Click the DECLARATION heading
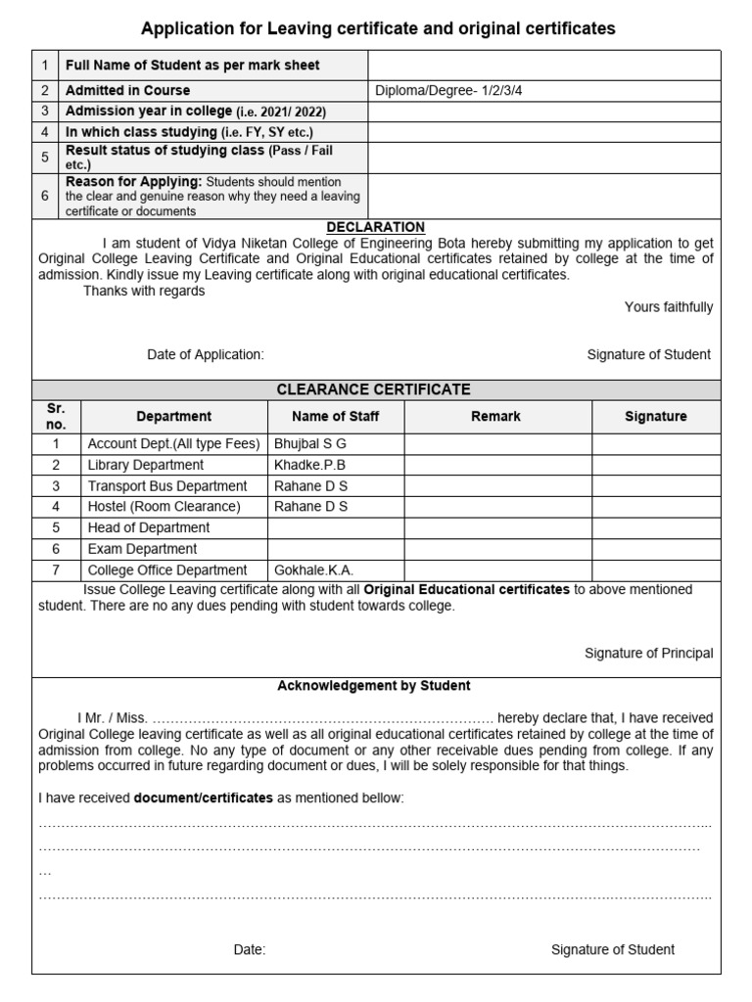pyautogui.click(x=376, y=227)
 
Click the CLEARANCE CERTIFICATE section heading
pyautogui.click(x=373, y=389)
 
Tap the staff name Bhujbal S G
pyautogui.click(x=310, y=443)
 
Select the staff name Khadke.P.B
pyautogui.click(x=310, y=465)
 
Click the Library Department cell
pyautogui.click(x=146, y=465)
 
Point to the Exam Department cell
pyautogui.click(x=142, y=549)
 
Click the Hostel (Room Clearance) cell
pyautogui.click(x=164, y=507)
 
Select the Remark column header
pyautogui.click(x=495, y=416)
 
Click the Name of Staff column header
pyautogui.click(x=336, y=416)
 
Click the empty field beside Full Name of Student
pyautogui.click(x=543, y=66)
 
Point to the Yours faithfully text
pyautogui.click(x=669, y=307)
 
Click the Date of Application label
pyautogui.click(x=206, y=354)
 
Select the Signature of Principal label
pyautogui.click(x=649, y=653)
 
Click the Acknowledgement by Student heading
pyautogui.click(x=374, y=686)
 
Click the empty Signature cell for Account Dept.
pyautogui.click(x=655, y=443)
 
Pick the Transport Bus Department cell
pyautogui.click(x=167, y=485)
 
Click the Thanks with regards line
pyautogui.click(x=144, y=292)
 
